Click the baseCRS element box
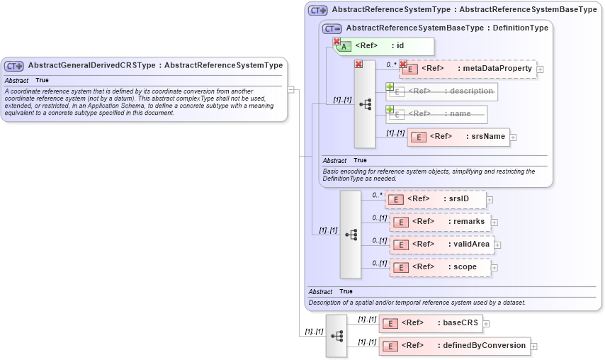point(430,323)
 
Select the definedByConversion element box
point(455,345)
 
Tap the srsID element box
point(436,199)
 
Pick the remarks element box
point(440,222)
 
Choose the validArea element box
point(441,244)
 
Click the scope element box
point(440,267)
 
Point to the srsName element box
point(458,137)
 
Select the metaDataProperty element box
point(468,69)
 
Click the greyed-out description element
point(441,91)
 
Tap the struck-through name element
point(436,114)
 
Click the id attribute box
point(383,46)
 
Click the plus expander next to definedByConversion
point(534,347)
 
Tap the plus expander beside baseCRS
point(487,324)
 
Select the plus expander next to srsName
point(514,137)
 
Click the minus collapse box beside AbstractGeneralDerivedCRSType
point(290,90)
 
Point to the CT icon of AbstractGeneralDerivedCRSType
point(14,66)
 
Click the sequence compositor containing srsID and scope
point(351,234)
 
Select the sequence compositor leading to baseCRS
point(337,335)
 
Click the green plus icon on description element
point(390,87)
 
